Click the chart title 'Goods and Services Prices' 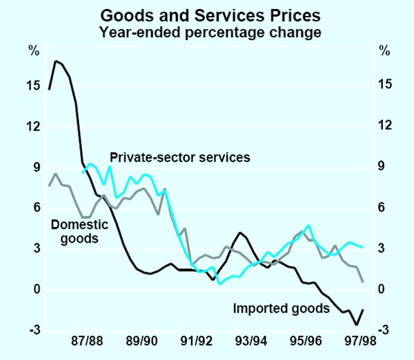tap(207, 13)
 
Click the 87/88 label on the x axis tap(87, 341)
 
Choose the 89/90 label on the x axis tap(141, 341)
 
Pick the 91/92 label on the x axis tap(197, 341)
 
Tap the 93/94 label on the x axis tap(251, 341)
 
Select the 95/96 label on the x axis tap(306, 341)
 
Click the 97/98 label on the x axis tap(360, 341)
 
